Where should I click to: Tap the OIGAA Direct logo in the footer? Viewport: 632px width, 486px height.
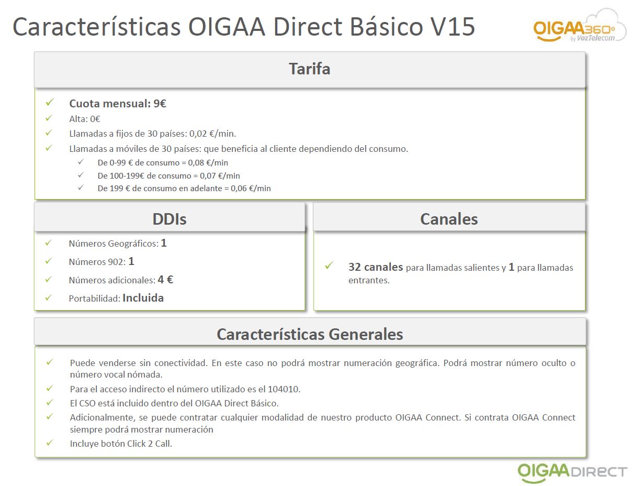(572, 472)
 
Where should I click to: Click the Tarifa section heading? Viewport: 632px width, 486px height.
(309, 69)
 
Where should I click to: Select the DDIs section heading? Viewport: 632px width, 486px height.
(170, 219)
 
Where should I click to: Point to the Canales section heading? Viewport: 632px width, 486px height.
(449, 219)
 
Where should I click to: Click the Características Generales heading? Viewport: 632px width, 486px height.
(310, 334)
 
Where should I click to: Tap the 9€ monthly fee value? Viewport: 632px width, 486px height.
(160, 104)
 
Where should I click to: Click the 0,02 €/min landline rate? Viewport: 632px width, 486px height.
(212, 134)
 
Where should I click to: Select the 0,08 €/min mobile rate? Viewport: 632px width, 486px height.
(208, 163)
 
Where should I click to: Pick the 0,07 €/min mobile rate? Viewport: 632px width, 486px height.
(220, 176)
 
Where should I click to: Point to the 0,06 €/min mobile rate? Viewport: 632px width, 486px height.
(251, 189)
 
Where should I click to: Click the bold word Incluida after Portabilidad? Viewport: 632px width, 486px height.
(143, 298)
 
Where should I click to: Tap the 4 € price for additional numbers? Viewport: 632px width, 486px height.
(165, 280)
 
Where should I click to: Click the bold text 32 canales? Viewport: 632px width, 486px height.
(376, 267)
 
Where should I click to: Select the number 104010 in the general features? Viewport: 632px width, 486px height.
(284, 389)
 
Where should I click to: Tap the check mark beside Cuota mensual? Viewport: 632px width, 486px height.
(50, 102)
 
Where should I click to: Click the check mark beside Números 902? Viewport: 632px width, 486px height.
(49, 261)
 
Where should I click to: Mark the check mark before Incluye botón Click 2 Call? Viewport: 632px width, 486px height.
(50, 443)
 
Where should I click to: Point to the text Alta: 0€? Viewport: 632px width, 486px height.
(85, 119)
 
